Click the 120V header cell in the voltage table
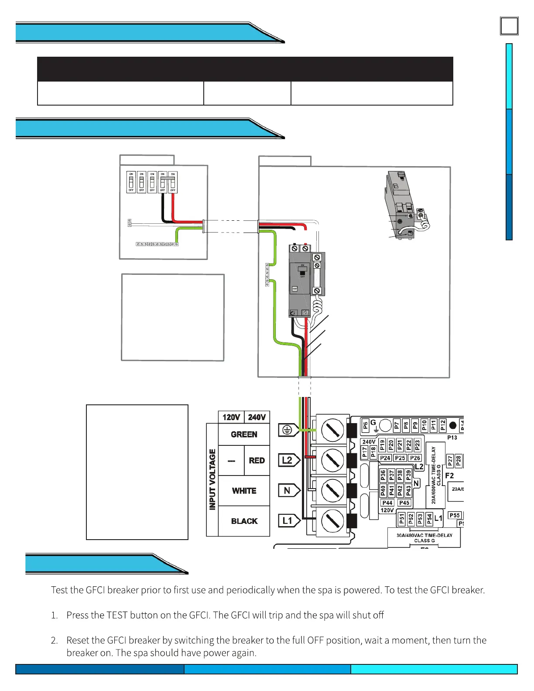click(231, 417)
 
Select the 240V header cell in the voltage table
click(257, 417)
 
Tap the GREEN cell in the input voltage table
click(244, 434)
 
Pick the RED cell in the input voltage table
click(257, 461)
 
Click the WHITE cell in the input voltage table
click(244, 491)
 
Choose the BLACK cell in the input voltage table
click(244, 521)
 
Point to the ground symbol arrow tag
click(288, 430)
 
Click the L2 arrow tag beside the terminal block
click(288, 460)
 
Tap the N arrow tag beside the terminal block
click(288, 491)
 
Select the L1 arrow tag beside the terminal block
click(288, 521)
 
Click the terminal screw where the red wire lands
click(332, 460)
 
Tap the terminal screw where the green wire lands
click(332, 430)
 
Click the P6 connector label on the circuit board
click(366, 426)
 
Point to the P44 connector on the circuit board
click(387, 503)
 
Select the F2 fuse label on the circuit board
click(449, 475)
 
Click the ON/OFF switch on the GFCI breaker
click(302, 271)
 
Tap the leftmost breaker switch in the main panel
click(131, 182)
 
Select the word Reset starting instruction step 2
click(78, 640)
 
